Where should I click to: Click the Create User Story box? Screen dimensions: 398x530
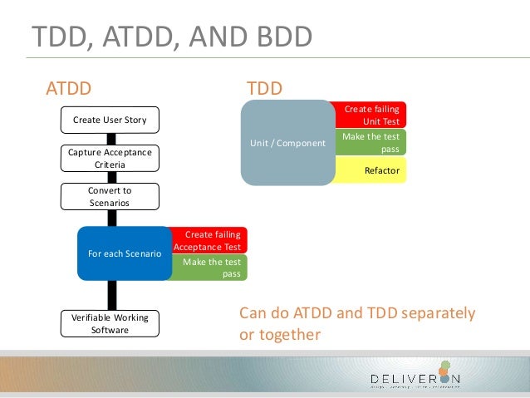coord(110,120)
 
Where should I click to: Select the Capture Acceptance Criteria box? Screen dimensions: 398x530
coord(110,159)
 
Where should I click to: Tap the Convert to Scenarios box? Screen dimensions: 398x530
coord(110,196)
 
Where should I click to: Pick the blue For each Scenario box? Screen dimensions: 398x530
coord(124,253)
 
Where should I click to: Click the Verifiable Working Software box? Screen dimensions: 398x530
coord(110,324)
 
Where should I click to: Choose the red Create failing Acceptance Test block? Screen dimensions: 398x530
coord(209,240)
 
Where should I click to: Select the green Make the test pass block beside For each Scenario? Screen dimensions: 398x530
coord(209,268)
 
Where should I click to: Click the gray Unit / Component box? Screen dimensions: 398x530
coord(287,143)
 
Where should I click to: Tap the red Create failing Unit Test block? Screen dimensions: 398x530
coord(371,115)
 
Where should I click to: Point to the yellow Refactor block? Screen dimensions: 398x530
coord(371,171)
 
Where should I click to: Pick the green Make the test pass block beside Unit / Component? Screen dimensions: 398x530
coord(371,142)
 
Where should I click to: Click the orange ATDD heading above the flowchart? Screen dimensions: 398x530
coord(68,88)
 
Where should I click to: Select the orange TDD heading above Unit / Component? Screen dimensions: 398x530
coord(265,88)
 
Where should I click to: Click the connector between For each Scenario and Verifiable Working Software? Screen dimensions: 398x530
coord(110,295)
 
